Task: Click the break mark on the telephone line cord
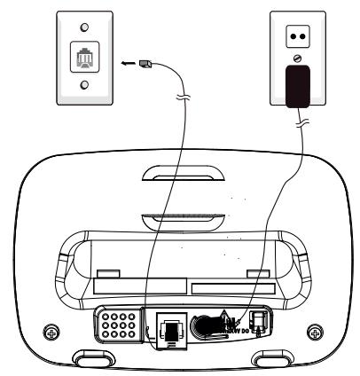point(182,122)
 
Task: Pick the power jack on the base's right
point(261,325)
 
